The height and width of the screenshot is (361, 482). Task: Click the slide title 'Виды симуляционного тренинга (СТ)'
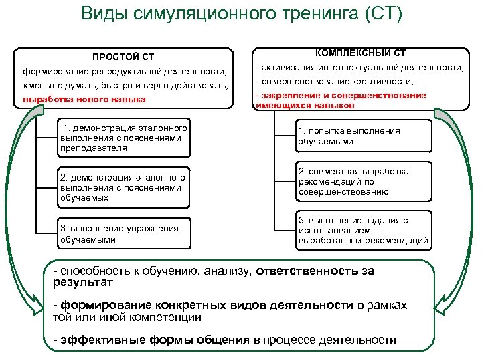point(241,15)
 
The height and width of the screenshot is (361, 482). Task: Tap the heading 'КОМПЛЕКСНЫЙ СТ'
point(360,53)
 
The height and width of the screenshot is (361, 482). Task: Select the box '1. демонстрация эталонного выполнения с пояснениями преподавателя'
point(121,138)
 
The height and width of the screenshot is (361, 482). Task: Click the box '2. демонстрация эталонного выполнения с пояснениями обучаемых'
point(123,187)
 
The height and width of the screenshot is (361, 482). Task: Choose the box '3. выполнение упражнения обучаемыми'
point(123,234)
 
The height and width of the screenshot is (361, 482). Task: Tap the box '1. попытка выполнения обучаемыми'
point(361,136)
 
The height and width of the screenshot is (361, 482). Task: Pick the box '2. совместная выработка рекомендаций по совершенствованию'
point(361,182)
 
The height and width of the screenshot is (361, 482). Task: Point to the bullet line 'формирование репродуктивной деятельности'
point(124,72)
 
